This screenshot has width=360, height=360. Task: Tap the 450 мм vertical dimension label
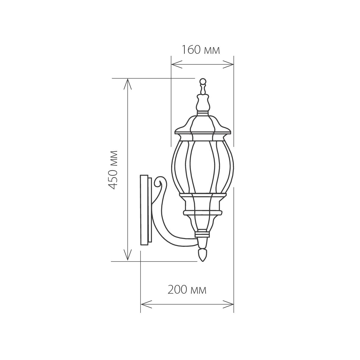(113, 170)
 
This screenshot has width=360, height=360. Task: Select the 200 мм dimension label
(187, 290)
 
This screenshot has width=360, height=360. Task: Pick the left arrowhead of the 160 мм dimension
(174, 64)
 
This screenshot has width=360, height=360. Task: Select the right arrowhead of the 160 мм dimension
(231, 64)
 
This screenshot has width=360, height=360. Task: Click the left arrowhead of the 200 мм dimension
(144, 303)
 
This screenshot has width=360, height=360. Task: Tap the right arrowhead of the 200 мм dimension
(231, 303)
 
